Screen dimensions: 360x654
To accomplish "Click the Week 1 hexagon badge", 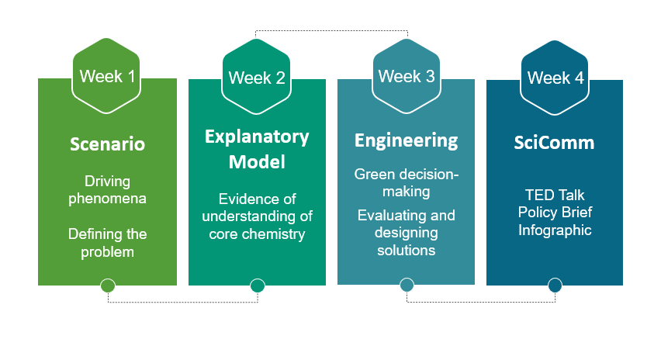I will pos(107,76).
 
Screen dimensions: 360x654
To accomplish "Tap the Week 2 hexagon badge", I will pos(256,78).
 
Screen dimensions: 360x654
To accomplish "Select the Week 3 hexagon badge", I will pos(406,76).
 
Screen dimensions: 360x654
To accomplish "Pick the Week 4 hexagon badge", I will pos(555,78).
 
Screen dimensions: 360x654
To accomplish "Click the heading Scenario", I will pos(107,144).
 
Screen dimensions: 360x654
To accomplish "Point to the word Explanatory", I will pos(257,137).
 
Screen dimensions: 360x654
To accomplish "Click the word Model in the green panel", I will pos(257,162).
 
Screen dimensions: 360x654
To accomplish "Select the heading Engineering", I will pos(406,140).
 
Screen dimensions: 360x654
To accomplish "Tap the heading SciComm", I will pos(555,144).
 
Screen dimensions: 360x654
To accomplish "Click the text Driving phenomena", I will pos(107,189).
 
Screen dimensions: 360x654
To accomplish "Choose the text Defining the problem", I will pos(107,242).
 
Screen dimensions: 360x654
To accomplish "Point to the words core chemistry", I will pos(257,234).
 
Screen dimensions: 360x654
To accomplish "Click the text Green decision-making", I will pos(406,182).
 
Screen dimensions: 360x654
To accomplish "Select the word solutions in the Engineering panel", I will pos(406,250).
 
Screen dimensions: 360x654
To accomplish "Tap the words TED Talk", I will pos(555,196).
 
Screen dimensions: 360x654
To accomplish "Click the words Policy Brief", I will pos(555,213).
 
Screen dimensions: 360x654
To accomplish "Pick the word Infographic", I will pos(555,230).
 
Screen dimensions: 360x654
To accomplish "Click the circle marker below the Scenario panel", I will pos(108,286).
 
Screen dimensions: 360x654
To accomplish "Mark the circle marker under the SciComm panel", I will pos(555,286).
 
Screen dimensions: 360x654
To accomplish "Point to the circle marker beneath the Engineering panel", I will pos(407,286).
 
